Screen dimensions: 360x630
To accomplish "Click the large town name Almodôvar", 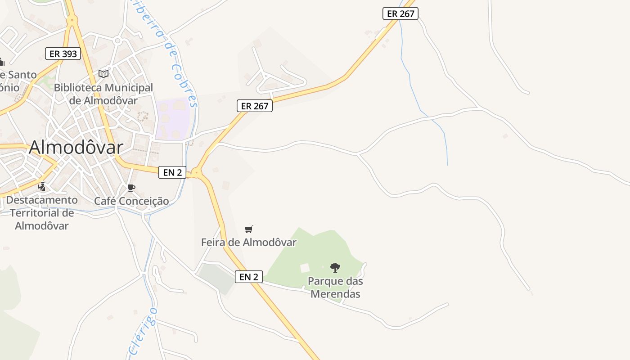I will point(76,147).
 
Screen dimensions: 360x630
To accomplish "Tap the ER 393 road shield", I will point(63,54).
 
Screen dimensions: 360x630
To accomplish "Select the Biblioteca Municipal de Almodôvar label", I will point(103,94).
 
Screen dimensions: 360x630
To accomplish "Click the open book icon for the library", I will point(103,74).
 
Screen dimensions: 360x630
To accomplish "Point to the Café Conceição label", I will point(131,201).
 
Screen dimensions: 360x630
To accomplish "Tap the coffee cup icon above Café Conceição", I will point(131,188).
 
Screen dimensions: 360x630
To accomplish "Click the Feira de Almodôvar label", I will point(248,243).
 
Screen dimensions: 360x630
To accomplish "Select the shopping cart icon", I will point(249,229).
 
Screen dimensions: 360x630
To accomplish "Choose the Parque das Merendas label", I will point(336,288).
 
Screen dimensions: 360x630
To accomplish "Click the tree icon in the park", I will point(335,268).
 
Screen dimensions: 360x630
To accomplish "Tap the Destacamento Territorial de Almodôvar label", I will point(42,213).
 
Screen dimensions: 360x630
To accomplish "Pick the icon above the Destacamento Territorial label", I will point(42,186).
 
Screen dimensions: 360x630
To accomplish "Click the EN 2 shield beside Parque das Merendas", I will point(249,277).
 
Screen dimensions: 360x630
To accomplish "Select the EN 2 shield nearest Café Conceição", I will point(172,172).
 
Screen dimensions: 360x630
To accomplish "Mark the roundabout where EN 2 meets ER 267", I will point(196,173).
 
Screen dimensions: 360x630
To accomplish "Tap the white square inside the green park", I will point(305,268).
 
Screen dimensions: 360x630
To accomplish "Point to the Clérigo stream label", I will point(143,331).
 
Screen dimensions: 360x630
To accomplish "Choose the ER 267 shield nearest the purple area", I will point(255,106).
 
